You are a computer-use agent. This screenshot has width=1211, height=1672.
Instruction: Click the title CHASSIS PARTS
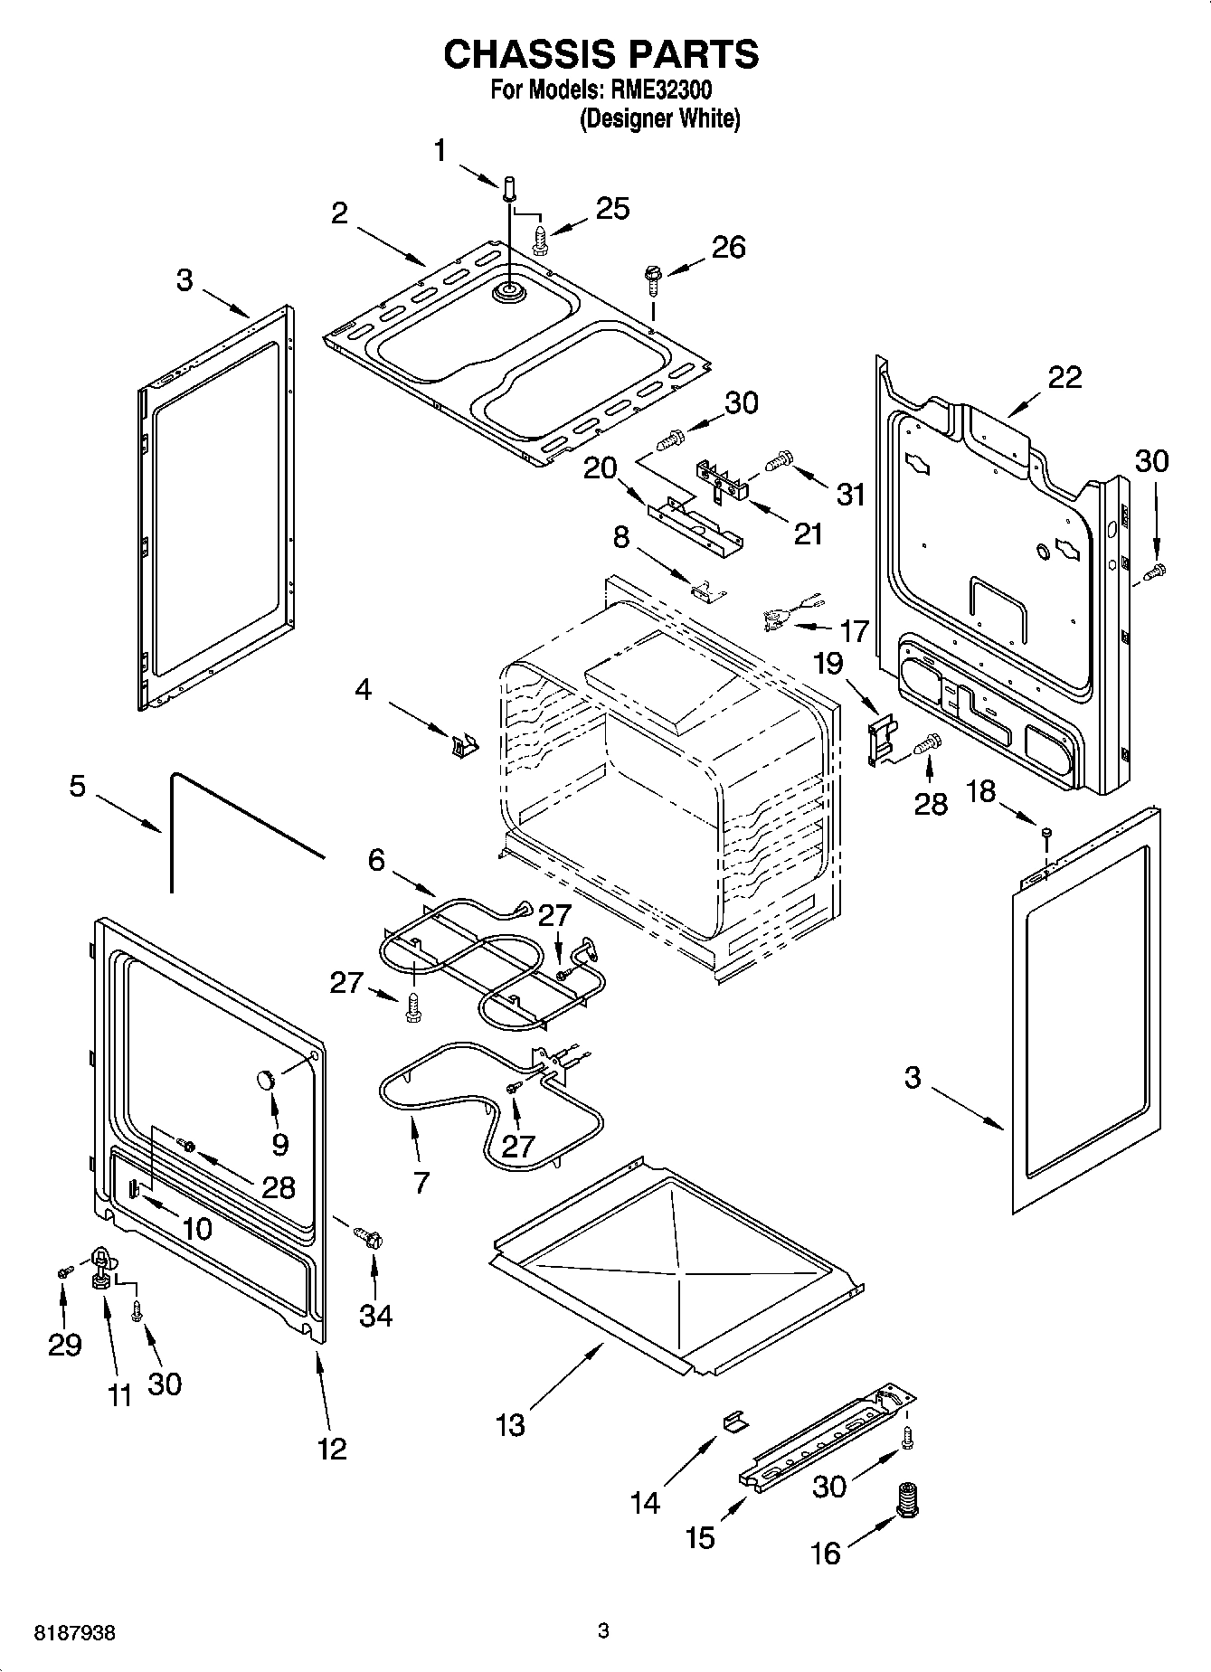point(601,54)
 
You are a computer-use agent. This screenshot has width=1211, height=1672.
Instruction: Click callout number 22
point(1064,376)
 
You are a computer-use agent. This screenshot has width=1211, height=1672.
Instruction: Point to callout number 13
point(510,1425)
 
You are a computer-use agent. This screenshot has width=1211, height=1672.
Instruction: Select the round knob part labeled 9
point(264,1078)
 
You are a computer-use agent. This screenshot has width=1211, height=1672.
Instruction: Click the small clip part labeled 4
point(463,746)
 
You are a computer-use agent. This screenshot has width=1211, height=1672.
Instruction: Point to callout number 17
point(855,629)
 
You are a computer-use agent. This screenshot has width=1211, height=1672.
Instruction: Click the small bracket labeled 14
point(734,1422)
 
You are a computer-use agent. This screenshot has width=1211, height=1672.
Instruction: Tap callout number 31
point(851,495)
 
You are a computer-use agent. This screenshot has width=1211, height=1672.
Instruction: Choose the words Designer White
point(659,118)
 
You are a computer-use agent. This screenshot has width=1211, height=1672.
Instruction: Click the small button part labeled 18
point(1046,831)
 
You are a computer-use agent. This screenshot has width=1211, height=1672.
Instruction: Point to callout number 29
point(65,1345)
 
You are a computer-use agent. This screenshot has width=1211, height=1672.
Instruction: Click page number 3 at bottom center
point(604,1631)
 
